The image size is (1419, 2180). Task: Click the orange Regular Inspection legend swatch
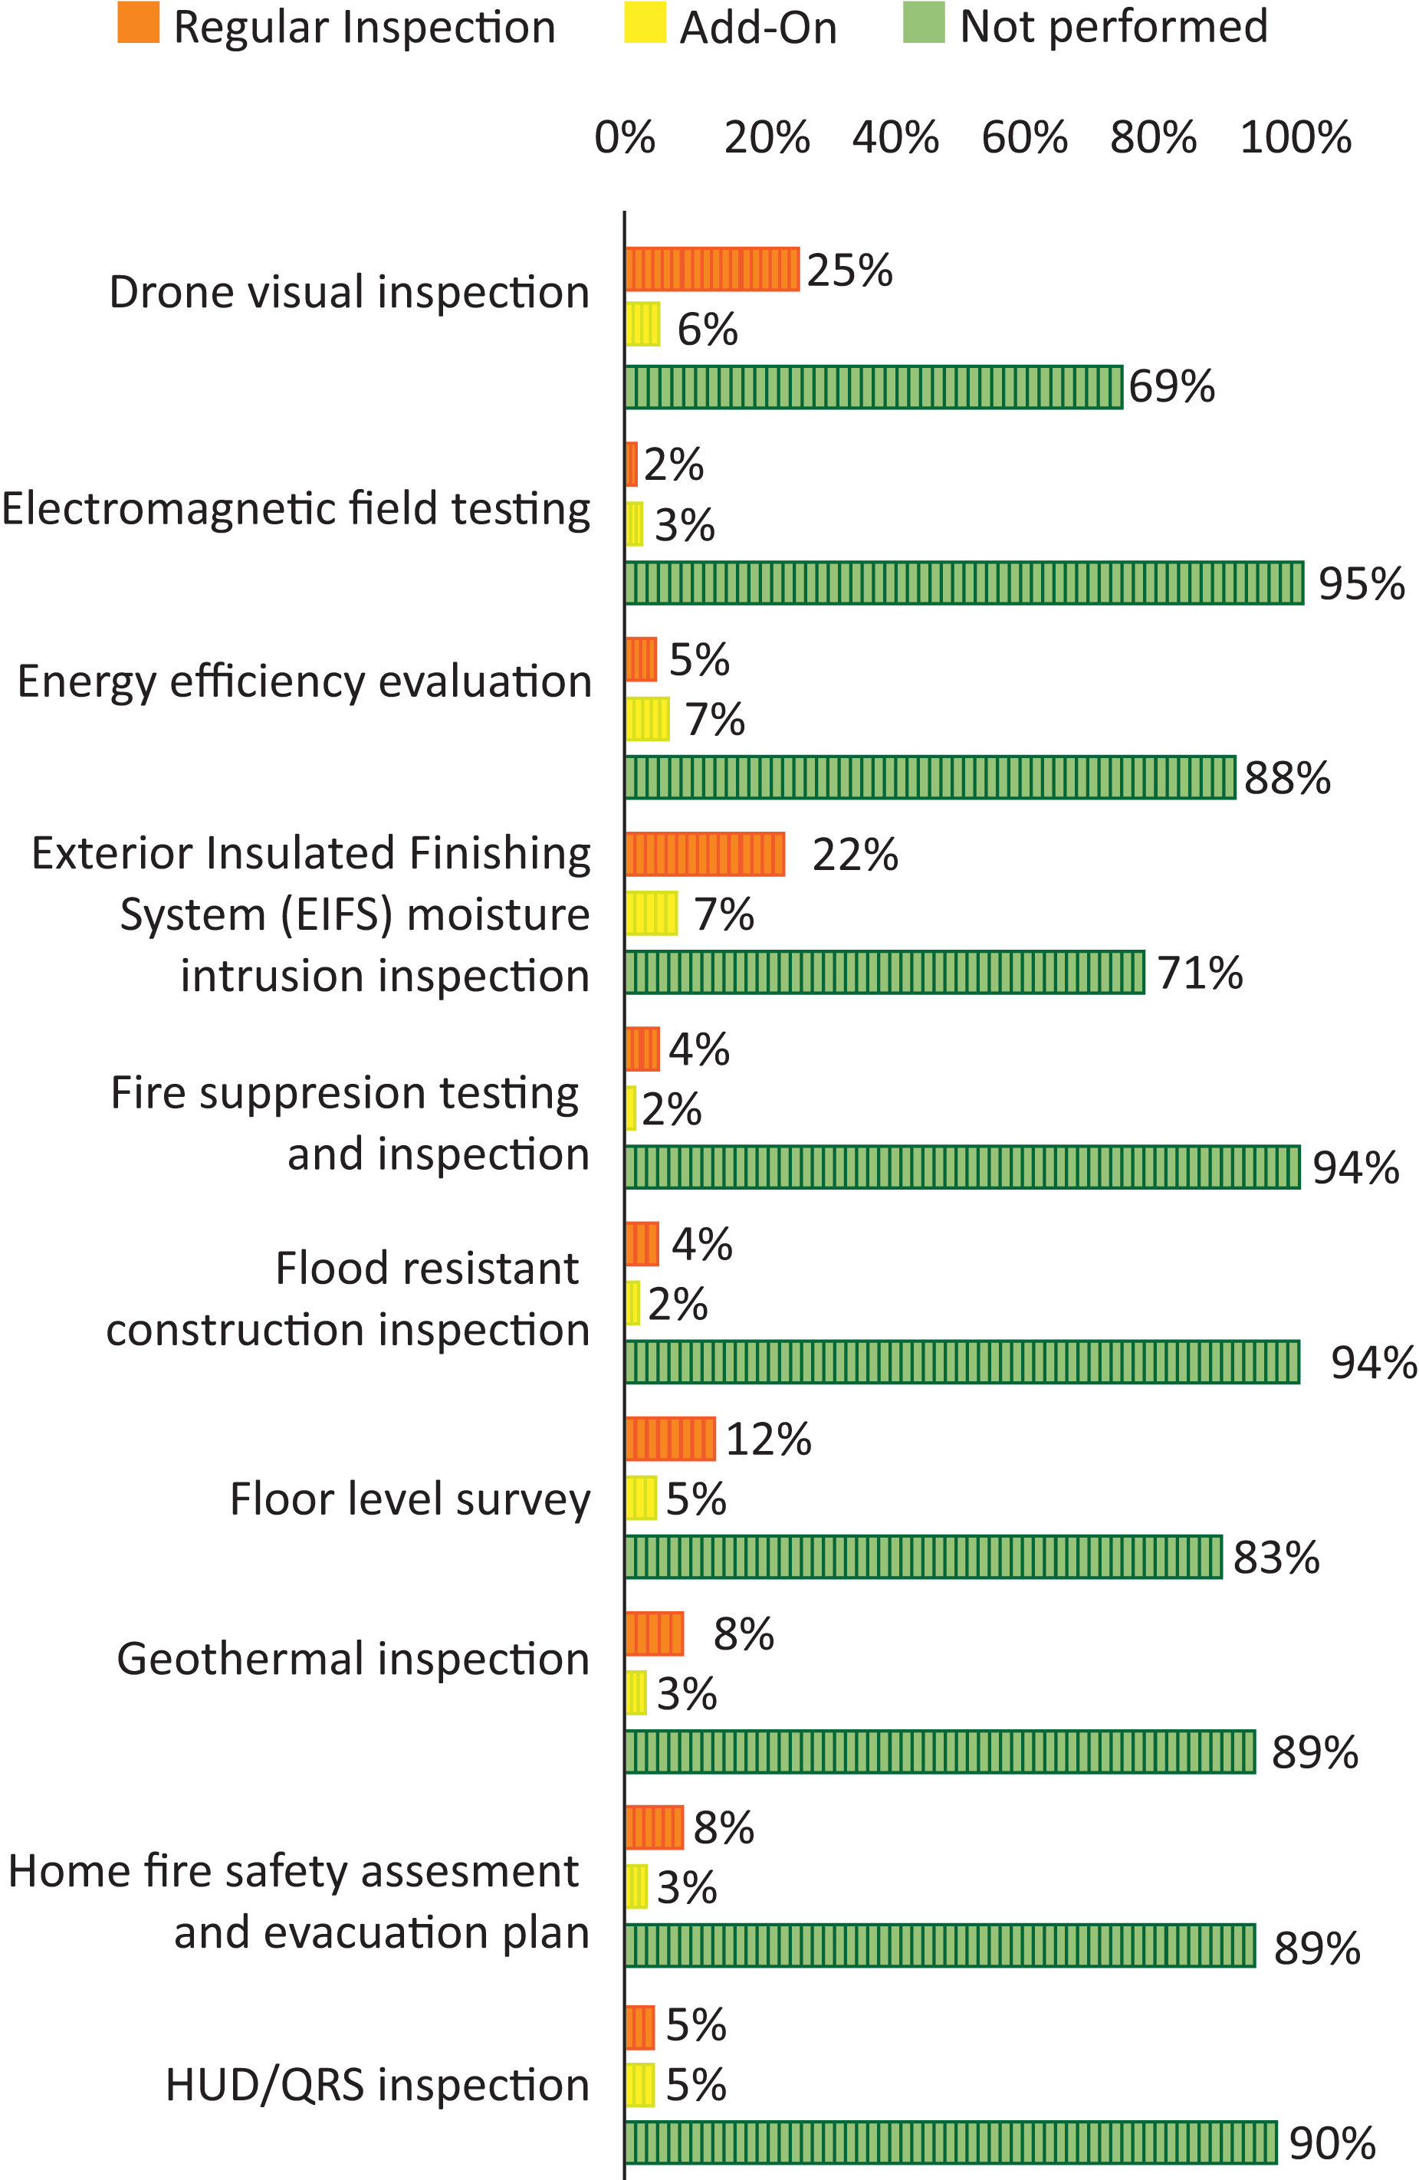[138, 22]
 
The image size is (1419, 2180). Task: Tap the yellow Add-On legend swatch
[644, 22]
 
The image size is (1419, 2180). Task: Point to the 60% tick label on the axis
[1023, 137]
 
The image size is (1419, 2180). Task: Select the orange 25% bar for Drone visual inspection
[711, 269]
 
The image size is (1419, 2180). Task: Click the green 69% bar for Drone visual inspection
[873, 386]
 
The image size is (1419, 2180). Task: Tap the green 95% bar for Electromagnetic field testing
[964, 583]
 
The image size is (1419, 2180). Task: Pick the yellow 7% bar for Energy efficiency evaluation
[647, 719]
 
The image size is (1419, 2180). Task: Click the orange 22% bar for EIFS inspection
[705, 854]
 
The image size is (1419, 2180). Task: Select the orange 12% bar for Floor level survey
[670, 1438]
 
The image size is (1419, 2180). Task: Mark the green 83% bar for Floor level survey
[924, 1557]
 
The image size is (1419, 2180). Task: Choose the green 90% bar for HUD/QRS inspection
[951, 2142]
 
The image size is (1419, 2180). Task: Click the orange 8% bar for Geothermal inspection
[654, 1633]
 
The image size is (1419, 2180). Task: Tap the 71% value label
[1199, 972]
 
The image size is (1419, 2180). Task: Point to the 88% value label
[1286, 778]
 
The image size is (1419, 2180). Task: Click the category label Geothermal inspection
[353, 1659]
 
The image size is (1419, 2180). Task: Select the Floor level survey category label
[409, 1499]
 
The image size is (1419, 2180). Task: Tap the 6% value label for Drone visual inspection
[706, 329]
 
